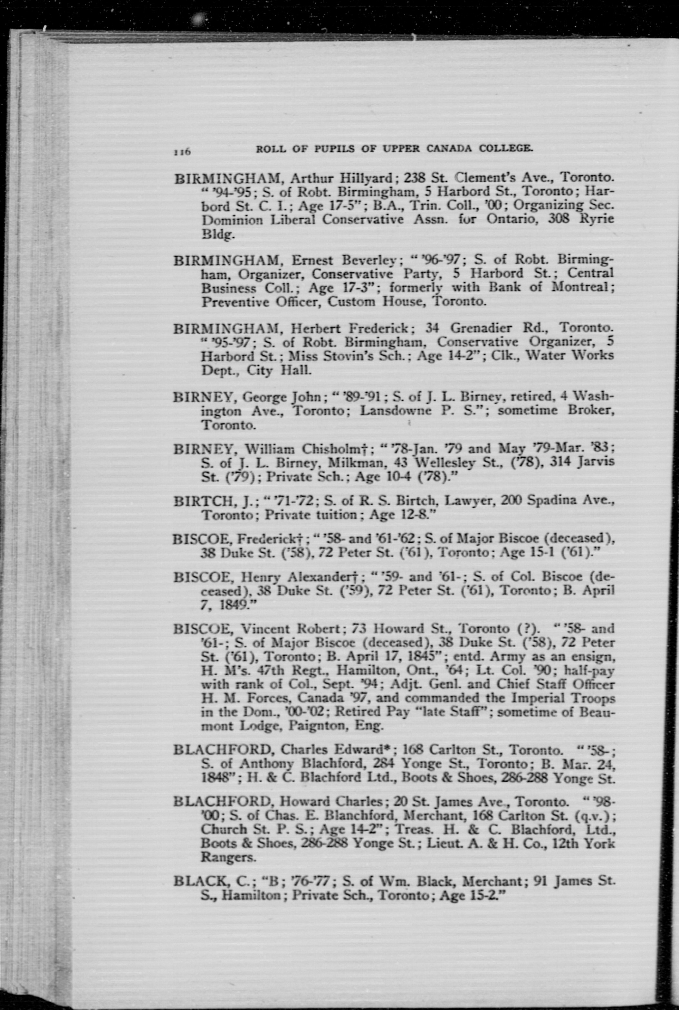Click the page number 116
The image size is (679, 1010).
pyautogui.click(x=182, y=152)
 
